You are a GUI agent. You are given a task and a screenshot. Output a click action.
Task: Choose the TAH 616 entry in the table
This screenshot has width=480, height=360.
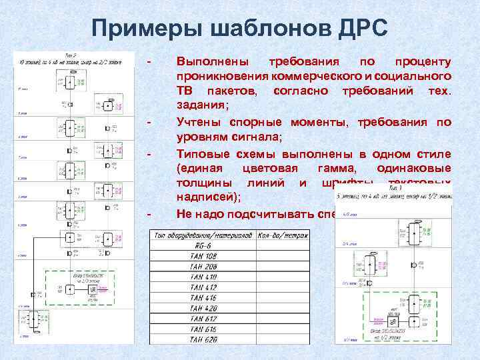click(x=202, y=329)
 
